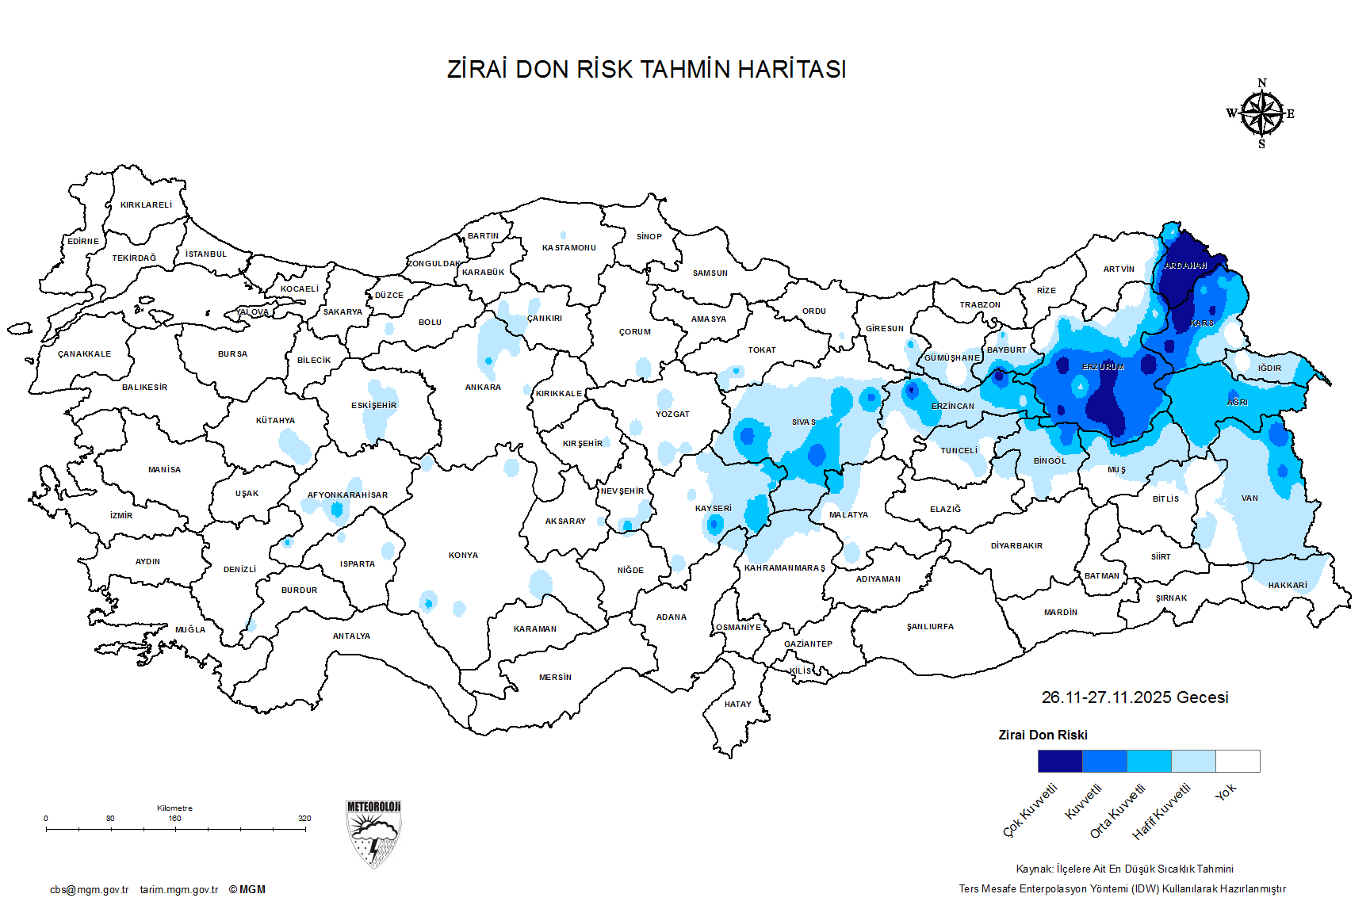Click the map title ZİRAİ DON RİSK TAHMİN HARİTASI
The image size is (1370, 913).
tap(646, 70)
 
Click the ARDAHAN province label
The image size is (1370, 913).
tap(1185, 266)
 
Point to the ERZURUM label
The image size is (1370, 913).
tap(1103, 368)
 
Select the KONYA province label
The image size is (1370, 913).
tap(463, 556)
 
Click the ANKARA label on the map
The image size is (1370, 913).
tap(483, 388)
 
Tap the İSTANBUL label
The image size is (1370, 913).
tap(206, 254)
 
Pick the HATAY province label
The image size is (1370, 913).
tap(737, 705)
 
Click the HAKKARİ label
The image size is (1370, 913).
tap(1287, 586)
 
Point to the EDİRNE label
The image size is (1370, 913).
tap(83, 242)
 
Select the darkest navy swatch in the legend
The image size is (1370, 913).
tap(1059, 762)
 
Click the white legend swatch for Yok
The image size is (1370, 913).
tap(1238, 762)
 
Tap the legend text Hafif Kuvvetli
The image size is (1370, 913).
tap(1161, 812)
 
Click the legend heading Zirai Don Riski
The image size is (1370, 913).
tap(1043, 735)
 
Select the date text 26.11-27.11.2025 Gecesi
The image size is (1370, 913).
tap(1135, 697)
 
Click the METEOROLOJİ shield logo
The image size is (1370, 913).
tap(373, 834)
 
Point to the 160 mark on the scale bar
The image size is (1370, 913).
tap(175, 819)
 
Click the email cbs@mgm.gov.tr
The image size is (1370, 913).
tap(89, 890)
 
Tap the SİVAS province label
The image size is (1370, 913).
tap(803, 422)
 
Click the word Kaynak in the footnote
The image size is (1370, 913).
tap(1034, 869)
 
